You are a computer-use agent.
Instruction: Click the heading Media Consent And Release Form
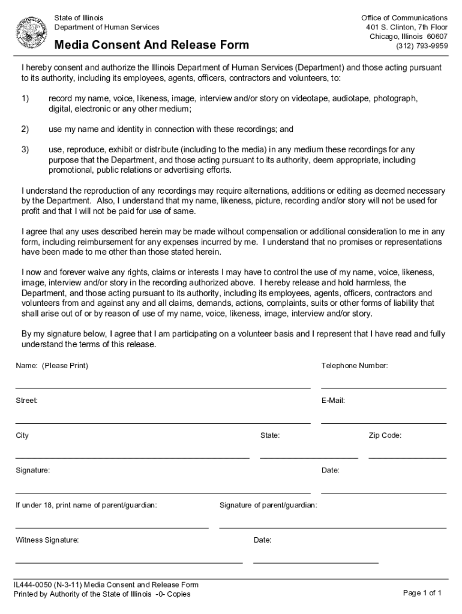coord(152,46)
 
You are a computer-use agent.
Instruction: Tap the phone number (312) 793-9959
coord(421,46)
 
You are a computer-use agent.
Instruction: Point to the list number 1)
coord(25,98)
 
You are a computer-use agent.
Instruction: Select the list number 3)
coord(25,149)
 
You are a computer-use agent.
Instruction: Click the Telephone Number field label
coord(355,366)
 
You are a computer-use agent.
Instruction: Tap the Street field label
coord(26,400)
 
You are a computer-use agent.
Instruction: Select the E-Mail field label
coord(333,400)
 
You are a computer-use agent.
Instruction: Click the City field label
coord(22,435)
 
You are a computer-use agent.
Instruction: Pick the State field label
coord(270,435)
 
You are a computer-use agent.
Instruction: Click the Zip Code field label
coord(385,435)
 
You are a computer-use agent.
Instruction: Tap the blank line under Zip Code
coord(407,458)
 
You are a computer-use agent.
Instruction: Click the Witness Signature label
coord(47,540)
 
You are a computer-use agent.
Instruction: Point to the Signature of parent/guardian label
coord(268,505)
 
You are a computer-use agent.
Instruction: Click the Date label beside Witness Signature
coord(263,540)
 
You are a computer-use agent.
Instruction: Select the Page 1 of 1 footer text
coord(422,593)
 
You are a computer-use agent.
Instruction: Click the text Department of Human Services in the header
coord(107,27)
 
